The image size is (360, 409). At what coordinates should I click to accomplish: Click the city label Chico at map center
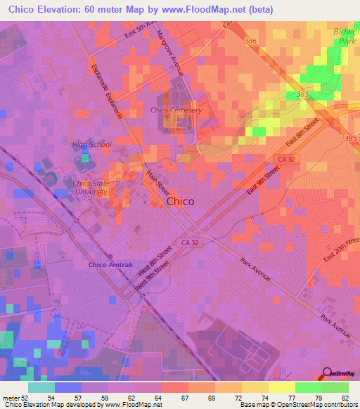tap(181, 202)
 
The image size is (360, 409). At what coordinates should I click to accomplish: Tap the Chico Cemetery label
tap(176, 110)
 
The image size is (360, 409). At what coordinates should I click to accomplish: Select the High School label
tap(91, 145)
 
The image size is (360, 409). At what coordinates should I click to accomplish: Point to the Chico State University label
tap(91, 187)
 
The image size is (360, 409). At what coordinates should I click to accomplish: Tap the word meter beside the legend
tap(11, 397)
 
